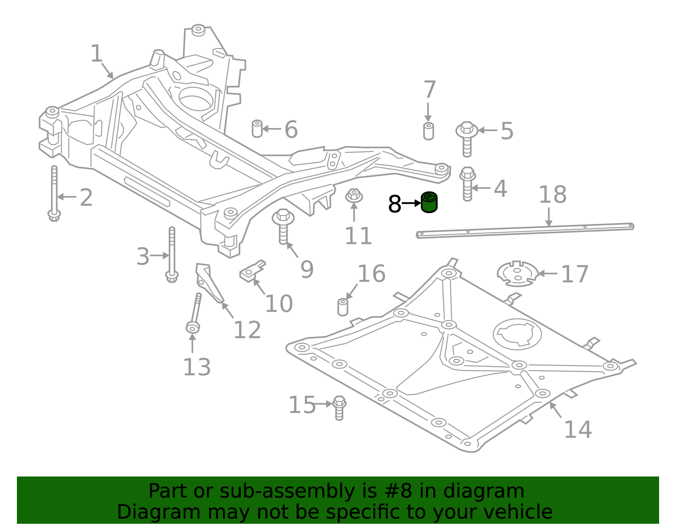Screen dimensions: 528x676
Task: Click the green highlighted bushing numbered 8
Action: pyautogui.click(x=429, y=202)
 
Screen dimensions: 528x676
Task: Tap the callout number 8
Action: pyautogui.click(x=394, y=205)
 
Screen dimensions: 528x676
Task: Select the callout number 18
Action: pyautogui.click(x=553, y=195)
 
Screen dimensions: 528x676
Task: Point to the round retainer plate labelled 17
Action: pyautogui.click(x=518, y=274)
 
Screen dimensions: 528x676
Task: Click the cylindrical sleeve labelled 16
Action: pyautogui.click(x=343, y=307)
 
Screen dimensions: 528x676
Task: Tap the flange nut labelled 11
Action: pyautogui.click(x=354, y=196)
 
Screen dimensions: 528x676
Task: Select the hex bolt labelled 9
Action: pyautogui.click(x=283, y=226)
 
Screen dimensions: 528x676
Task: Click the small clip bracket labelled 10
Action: pyautogui.click(x=252, y=271)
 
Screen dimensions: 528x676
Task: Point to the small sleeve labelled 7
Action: pyautogui.click(x=428, y=131)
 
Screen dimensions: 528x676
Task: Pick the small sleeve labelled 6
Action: pyautogui.click(x=257, y=129)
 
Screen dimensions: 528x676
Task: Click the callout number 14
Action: pyautogui.click(x=578, y=430)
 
